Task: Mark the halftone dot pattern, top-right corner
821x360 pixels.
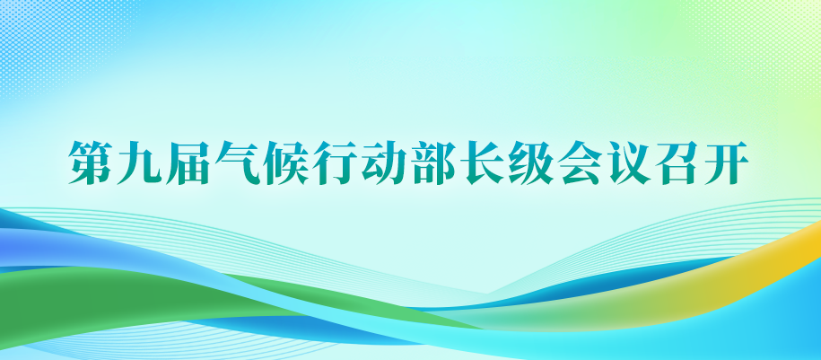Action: point(781,27)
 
